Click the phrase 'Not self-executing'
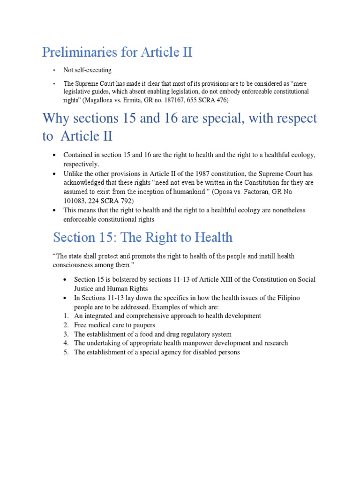[x=88, y=70]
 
